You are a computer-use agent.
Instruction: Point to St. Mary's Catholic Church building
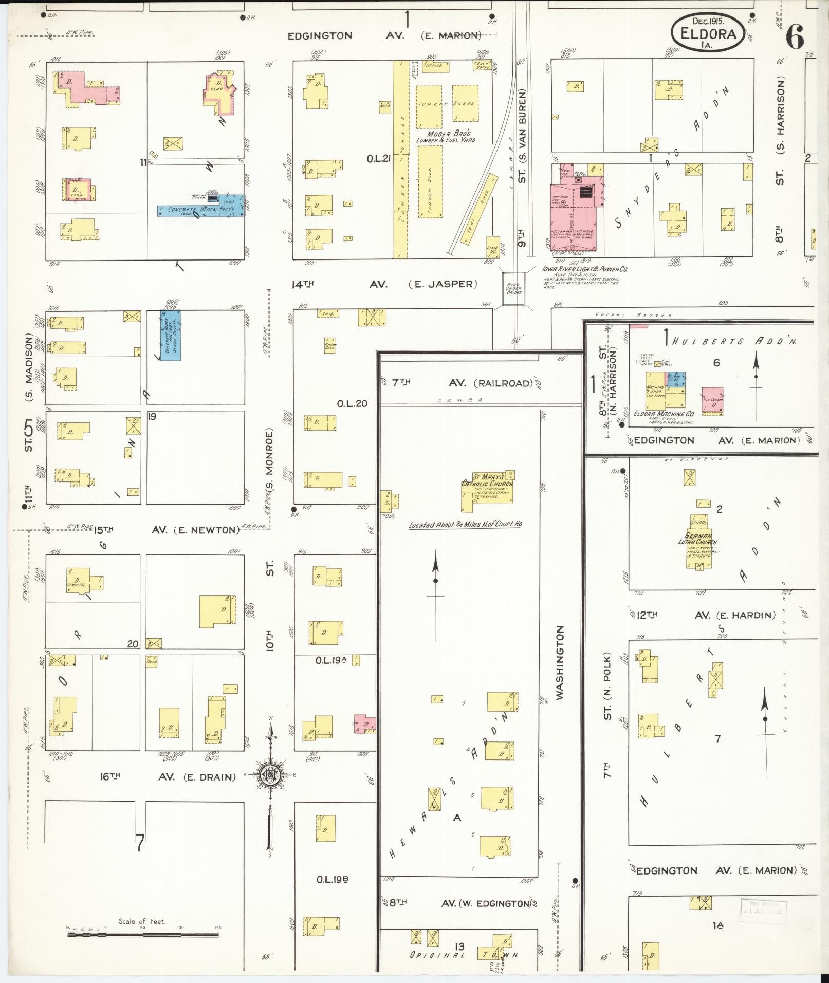tap(487, 491)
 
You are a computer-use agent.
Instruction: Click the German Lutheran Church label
tap(698, 540)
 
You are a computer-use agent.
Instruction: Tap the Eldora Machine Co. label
tap(664, 413)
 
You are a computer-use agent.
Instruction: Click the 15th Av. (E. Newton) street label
tap(167, 530)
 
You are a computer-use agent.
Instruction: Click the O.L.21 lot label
tap(379, 159)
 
